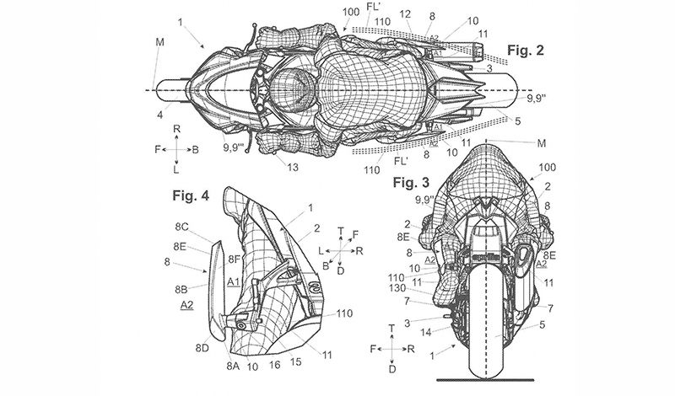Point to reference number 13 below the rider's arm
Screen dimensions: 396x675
pyautogui.click(x=292, y=169)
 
